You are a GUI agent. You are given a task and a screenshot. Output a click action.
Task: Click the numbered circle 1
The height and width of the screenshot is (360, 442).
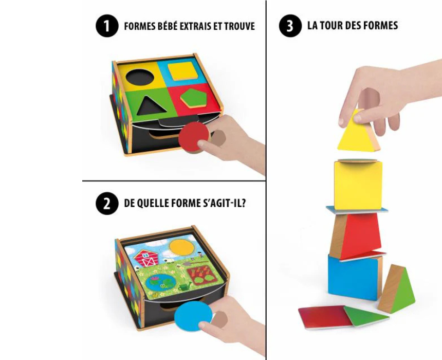(x=107, y=26)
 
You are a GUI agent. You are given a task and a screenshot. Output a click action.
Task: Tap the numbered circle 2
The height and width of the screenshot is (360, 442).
(x=107, y=204)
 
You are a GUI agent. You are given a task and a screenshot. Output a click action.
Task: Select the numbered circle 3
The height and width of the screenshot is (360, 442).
(x=290, y=26)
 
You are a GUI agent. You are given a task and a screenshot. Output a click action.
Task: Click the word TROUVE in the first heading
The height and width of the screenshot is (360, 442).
(x=240, y=26)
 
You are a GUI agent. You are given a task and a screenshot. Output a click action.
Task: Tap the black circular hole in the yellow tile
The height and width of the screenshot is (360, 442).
(x=140, y=77)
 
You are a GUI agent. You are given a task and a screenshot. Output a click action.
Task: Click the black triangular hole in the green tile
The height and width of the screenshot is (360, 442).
(x=148, y=105)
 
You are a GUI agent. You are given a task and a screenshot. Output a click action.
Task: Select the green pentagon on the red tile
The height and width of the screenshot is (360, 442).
(x=194, y=98)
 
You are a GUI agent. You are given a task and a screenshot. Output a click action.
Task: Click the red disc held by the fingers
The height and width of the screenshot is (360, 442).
(x=194, y=137)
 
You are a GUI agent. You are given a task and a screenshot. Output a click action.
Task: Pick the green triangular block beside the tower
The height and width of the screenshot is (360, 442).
(x=397, y=290)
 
